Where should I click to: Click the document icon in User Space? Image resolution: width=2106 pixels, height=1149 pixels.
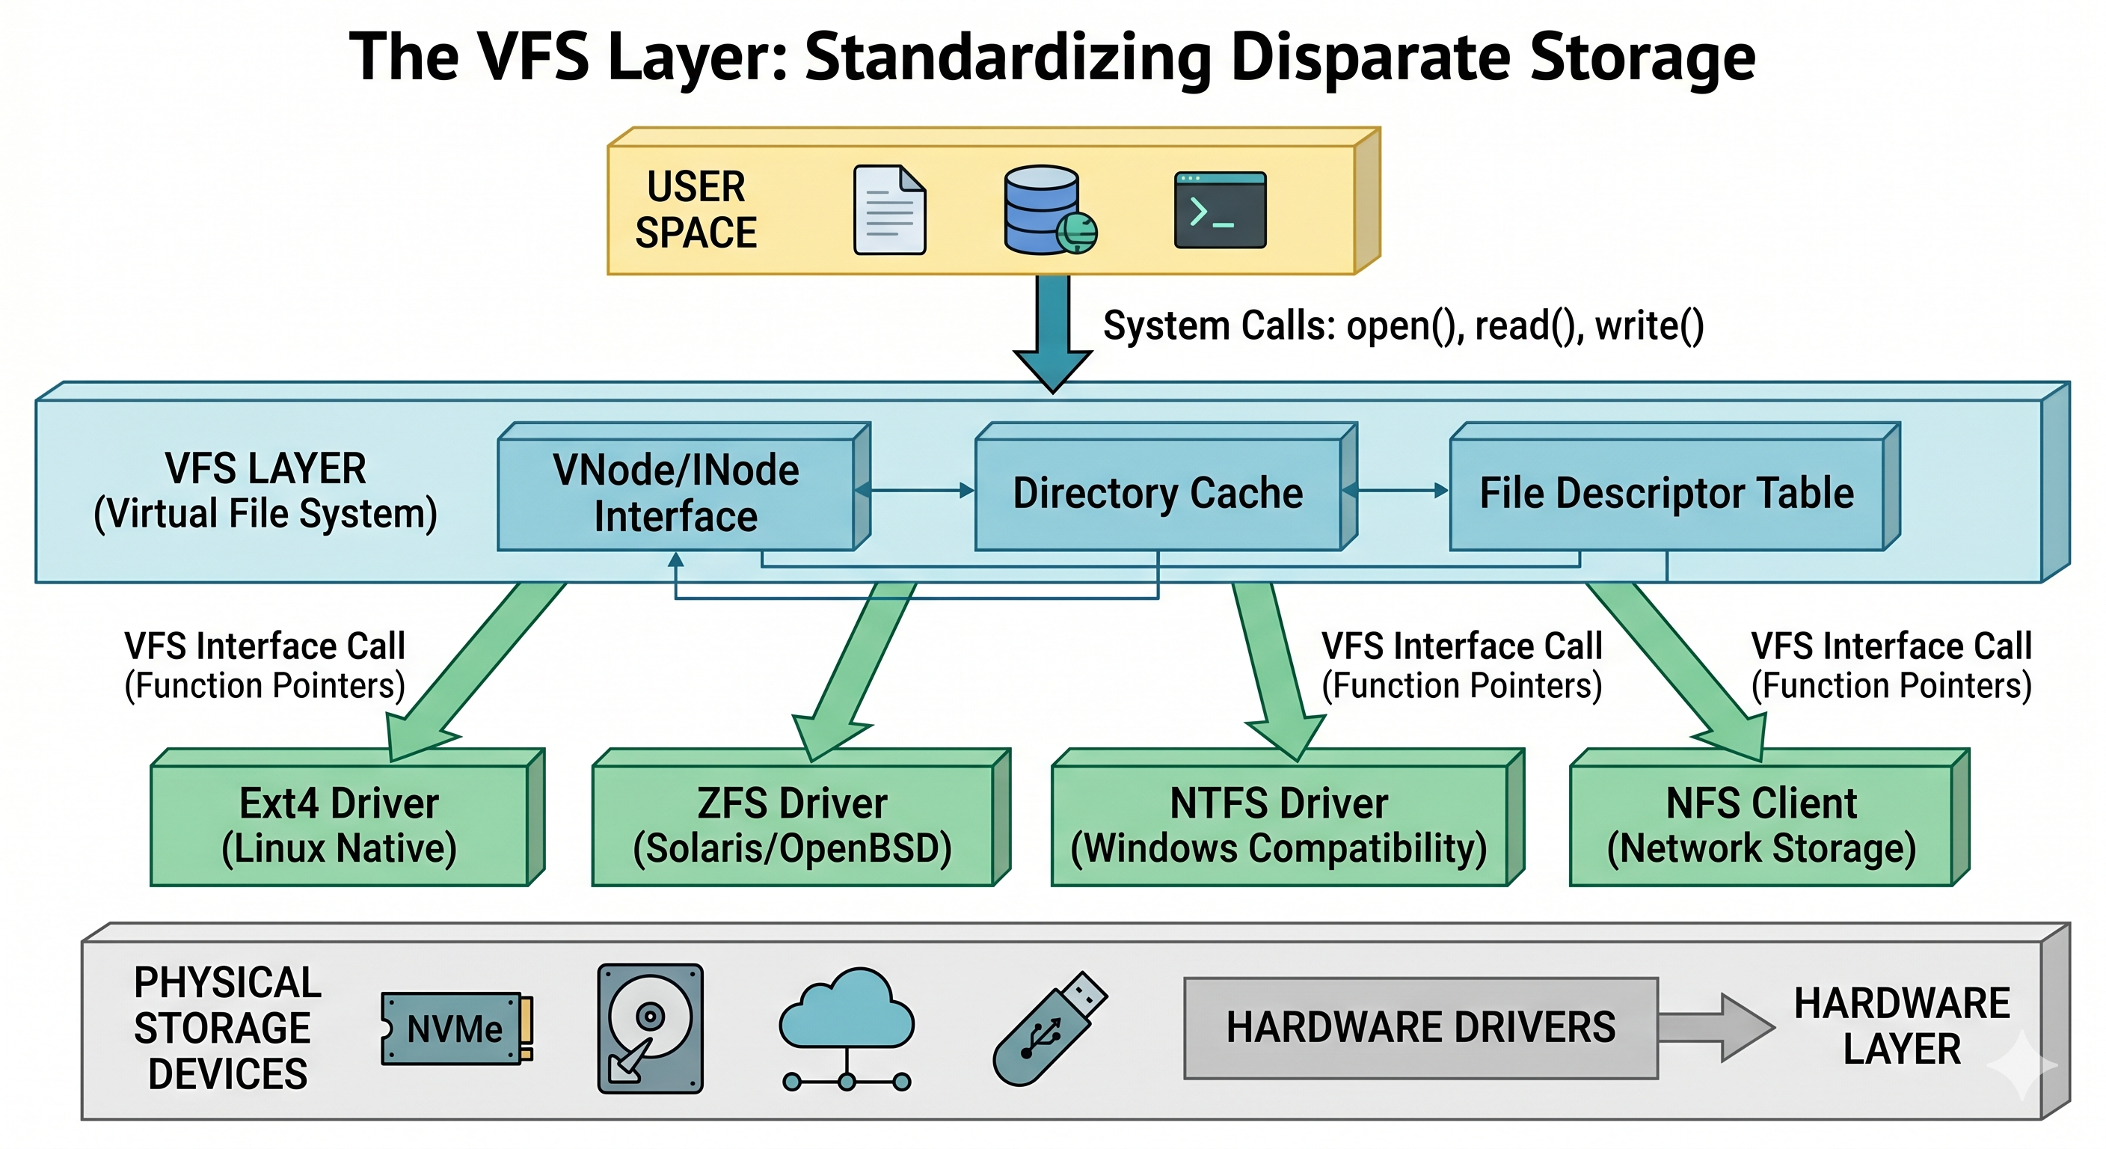[x=889, y=210]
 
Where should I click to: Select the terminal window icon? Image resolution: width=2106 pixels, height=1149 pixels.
[x=1220, y=210]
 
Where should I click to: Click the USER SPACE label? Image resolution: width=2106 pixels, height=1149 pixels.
[x=696, y=210]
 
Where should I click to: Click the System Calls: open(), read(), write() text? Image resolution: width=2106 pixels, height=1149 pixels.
[x=1403, y=325]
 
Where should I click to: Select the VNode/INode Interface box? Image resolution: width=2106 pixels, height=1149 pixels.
[x=675, y=493]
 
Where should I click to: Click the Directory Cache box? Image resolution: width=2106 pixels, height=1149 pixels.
[x=1158, y=493]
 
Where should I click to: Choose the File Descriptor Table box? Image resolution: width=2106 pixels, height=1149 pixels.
[x=1666, y=493]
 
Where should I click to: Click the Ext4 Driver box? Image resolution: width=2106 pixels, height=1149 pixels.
[x=340, y=824]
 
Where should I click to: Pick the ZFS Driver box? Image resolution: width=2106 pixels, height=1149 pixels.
[x=792, y=824]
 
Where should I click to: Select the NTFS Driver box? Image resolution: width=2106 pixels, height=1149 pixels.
[x=1279, y=824]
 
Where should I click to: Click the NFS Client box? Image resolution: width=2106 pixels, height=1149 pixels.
[x=1761, y=824]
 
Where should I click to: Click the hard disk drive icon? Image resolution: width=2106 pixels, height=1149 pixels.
[x=650, y=1028]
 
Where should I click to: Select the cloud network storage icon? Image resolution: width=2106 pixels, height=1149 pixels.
[x=846, y=1026]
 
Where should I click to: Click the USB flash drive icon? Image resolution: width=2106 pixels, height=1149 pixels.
[x=1049, y=1028]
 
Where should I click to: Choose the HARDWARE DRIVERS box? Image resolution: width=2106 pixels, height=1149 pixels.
[x=1420, y=1028]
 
